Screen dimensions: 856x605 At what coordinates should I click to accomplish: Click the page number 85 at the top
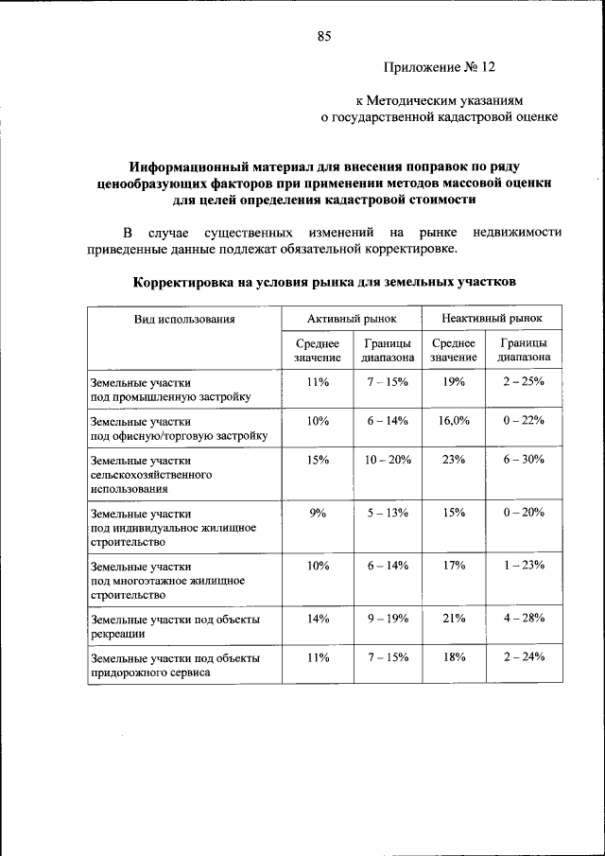[x=323, y=37]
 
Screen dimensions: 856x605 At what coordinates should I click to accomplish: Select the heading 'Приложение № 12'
[x=439, y=68]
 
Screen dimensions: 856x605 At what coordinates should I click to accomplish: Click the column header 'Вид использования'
[x=183, y=320]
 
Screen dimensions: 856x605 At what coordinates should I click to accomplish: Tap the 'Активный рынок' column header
[x=352, y=320]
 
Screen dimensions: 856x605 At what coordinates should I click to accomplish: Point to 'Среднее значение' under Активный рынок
[x=317, y=351]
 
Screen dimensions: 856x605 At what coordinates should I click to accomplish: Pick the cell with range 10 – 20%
[x=388, y=459]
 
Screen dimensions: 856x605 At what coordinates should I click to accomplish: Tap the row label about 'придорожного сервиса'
[x=174, y=665]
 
